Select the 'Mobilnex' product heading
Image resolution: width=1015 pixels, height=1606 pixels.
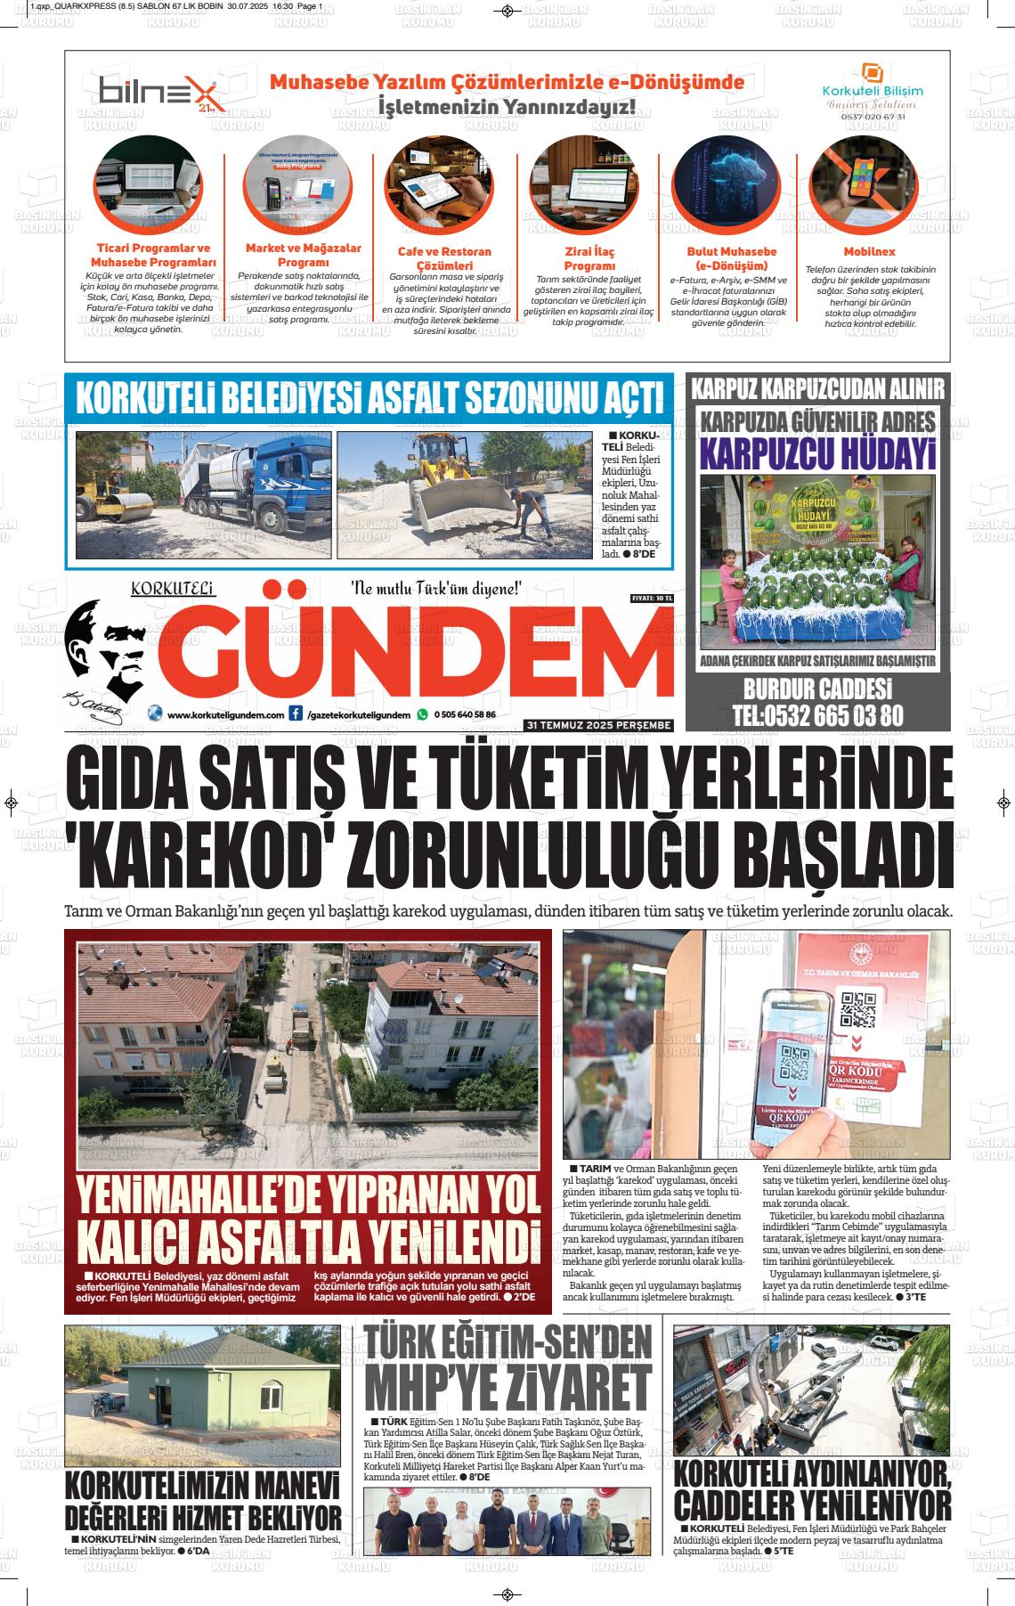pos(869,252)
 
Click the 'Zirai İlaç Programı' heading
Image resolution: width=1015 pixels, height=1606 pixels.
pos(589,258)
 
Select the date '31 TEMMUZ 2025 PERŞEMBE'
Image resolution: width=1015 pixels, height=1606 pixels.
pos(598,725)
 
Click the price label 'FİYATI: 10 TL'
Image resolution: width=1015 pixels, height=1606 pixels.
pos(651,598)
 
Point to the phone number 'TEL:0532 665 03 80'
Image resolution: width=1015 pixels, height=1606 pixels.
pos(818,715)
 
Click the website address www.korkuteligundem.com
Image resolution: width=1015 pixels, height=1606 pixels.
pos(225,714)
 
